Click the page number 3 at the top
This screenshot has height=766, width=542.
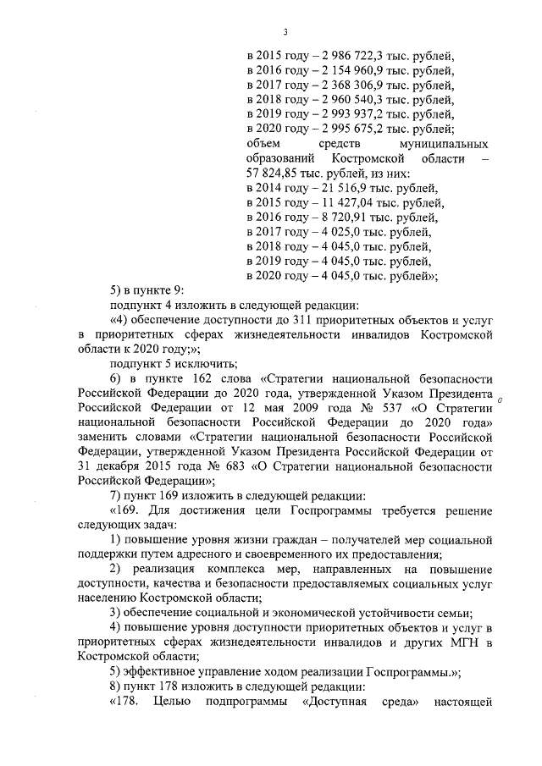click(x=285, y=32)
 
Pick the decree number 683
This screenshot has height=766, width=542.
click(x=213, y=465)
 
